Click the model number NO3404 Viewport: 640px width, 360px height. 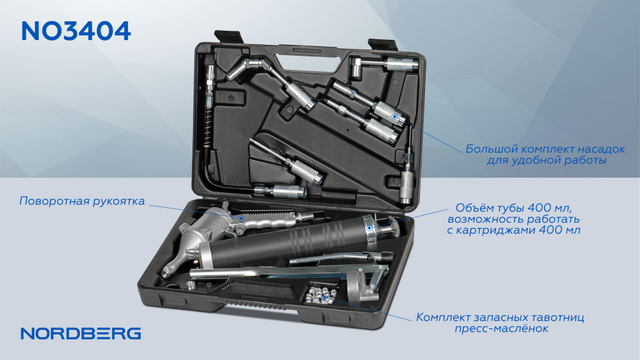pos(76,31)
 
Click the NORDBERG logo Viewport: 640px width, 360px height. pos(81,334)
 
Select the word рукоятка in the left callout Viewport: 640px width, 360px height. pos(119,202)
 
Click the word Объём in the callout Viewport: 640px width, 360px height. pos(475,207)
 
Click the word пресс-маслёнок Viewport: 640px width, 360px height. pos(501,329)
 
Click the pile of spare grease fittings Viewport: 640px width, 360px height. pos(322,296)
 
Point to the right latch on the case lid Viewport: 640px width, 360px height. pos(382,44)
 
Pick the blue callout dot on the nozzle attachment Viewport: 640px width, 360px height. pos(395,117)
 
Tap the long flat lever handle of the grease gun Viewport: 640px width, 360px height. pos(286,271)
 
